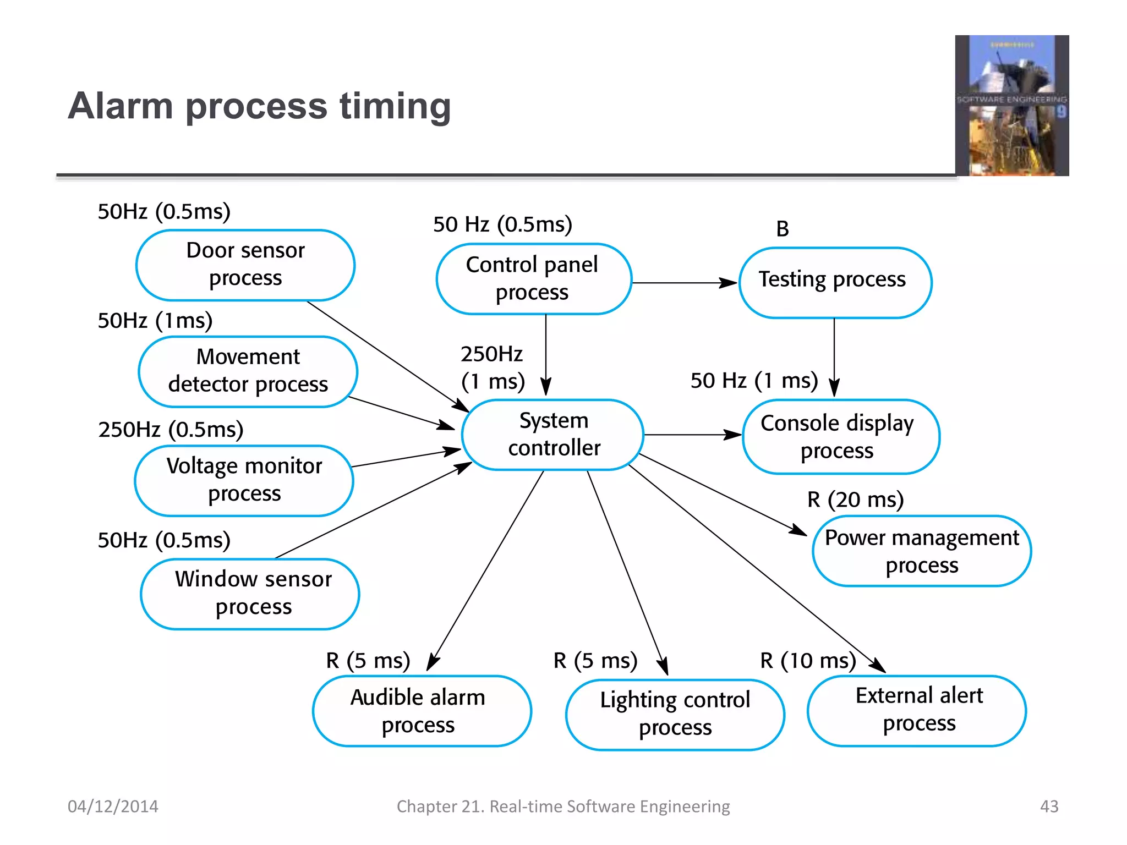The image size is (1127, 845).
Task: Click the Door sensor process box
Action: [x=245, y=265]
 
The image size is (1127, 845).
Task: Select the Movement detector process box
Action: [x=248, y=371]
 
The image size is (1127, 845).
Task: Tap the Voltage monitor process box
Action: [x=244, y=480]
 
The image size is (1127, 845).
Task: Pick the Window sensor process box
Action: [x=250, y=594]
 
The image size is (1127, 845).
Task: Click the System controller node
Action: [x=553, y=435]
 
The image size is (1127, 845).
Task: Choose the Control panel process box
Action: [x=533, y=279]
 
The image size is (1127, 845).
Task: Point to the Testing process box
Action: [x=835, y=282]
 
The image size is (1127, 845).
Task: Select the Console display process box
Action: [x=840, y=437]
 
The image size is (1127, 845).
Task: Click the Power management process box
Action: [x=922, y=551]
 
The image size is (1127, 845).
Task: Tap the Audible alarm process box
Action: [x=422, y=711]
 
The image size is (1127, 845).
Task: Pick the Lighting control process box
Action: [x=675, y=714]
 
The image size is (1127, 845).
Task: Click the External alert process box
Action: [x=917, y=710]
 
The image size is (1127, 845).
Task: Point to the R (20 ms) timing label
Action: [x=855, y=500]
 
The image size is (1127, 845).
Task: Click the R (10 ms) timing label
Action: [x=808, y=660]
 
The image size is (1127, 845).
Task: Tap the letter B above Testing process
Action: [x=782, y=229]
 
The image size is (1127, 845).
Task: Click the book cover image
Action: [x=1011, y=106]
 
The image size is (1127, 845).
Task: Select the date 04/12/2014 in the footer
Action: [x=113, y=806]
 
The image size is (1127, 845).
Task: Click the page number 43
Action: [x=1049, y=806]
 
